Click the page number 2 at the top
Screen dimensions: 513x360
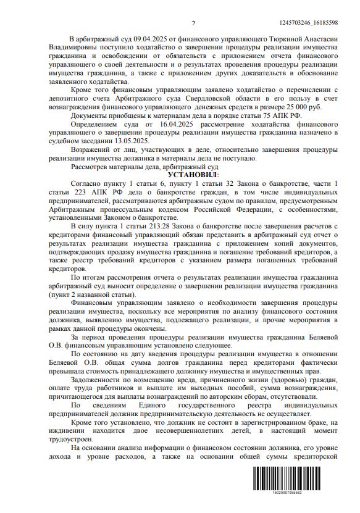193,23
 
